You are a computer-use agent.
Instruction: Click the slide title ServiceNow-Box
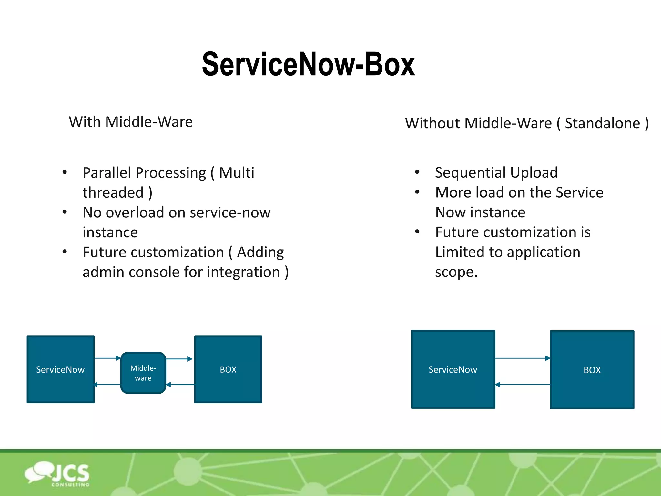(x=308, y=65)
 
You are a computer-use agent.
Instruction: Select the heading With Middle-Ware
(x=131, y=122)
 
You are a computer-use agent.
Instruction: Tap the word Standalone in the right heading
(x=602, y=123)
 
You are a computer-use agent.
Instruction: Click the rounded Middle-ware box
(x=143, y=373)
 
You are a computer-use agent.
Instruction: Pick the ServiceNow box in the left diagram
(x=61, y=369)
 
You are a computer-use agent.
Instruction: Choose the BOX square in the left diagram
(x=228, y=369)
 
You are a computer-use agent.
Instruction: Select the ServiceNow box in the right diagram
(x=453, y=369)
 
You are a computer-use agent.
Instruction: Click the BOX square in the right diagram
(x=592, y=370)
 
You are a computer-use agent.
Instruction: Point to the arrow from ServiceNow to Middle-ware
(x=107, y=358)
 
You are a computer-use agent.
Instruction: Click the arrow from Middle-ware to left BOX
(x=179, y=359)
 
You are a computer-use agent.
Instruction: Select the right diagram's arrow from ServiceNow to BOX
(x=522, y=358)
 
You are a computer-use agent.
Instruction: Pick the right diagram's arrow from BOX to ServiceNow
(x=522, y=385)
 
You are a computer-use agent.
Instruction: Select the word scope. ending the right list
(x=456, y=272)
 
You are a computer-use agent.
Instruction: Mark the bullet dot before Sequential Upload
(x=417, y=172)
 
